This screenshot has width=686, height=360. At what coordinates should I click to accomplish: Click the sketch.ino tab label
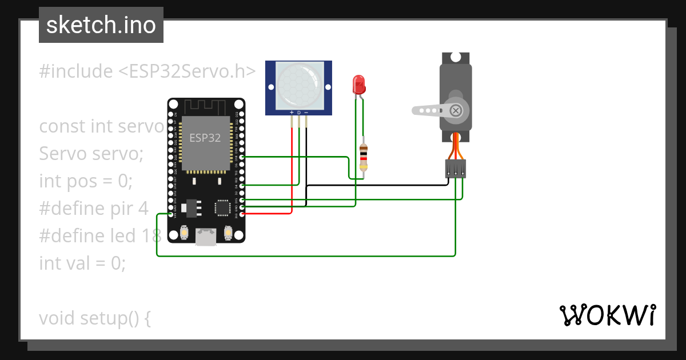[x=101, y=25]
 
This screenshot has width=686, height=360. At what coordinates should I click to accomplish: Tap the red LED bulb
[x=359, y=85]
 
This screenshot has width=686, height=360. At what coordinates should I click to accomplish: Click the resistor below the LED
[x=364, y=158]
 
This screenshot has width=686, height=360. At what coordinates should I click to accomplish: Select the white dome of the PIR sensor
[x=298, y=85]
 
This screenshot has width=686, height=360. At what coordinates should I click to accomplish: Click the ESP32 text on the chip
[x=206, y=138]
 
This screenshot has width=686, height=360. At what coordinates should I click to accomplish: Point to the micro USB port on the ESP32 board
[x=206, y=237]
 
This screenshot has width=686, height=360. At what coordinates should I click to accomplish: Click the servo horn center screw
[x=456, y=110]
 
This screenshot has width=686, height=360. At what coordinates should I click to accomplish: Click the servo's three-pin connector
[x=456, y=169]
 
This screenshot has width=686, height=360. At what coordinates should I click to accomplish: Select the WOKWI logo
[x=607, y=315]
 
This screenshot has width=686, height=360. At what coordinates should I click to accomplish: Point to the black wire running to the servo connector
[x=377, y=185]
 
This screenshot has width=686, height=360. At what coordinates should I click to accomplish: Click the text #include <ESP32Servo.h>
[x=147, y=71]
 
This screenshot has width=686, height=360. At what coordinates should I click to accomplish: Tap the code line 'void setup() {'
[x=95, y=318]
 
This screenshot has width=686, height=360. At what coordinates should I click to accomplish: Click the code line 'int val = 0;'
[x=82, y=263]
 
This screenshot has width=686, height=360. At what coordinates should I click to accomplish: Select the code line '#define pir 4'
[x=94, y=208]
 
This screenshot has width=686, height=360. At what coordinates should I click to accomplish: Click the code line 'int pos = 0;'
[x=86, y=181]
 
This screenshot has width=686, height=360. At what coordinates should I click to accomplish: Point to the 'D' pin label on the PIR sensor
[x=298, y=113]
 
